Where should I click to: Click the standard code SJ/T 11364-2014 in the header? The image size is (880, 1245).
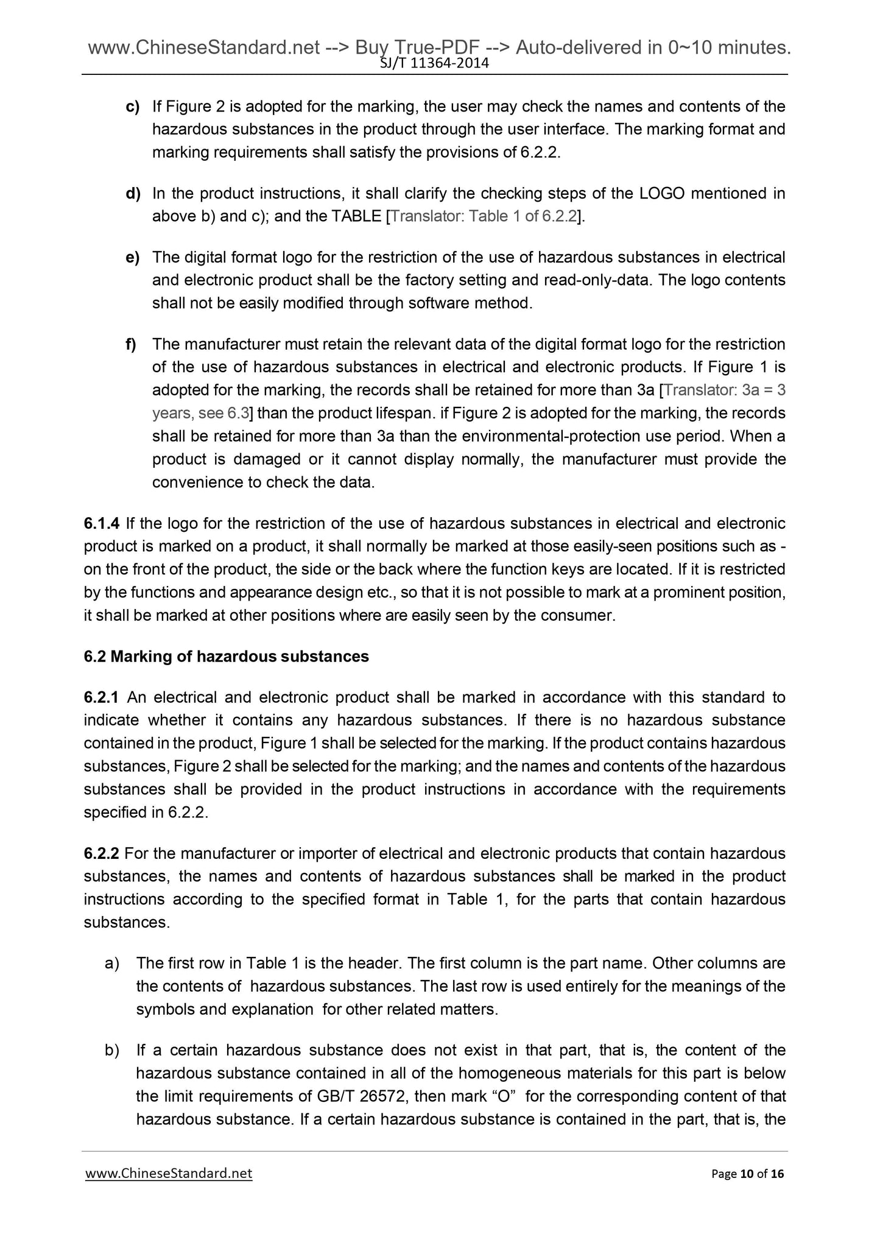click(435, 63)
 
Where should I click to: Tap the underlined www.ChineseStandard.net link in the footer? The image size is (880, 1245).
click(169, 1173)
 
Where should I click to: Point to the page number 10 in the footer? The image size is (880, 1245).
click(747, 1174)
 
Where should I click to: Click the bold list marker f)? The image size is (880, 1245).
click(131, 344)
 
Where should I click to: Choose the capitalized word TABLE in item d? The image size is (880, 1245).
click(356, 216)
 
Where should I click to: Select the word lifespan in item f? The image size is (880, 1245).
click(401, 413)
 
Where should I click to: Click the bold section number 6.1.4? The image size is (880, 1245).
click(102, 523)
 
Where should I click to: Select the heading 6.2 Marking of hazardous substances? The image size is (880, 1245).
click(227, 656)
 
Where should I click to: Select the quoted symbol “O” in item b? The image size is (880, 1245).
click(500, 1096)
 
